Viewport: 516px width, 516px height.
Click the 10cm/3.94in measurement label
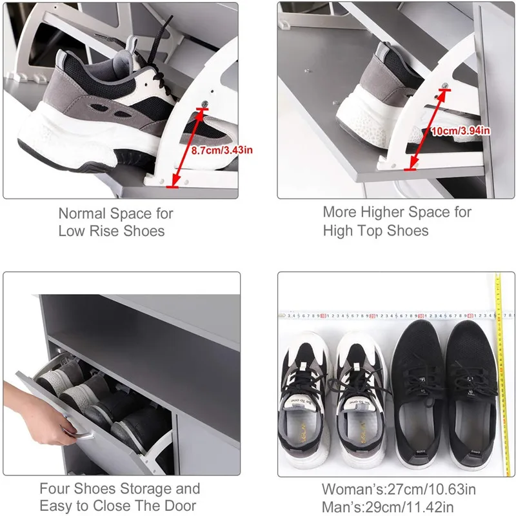coord(461,131)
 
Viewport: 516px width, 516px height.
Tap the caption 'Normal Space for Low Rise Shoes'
coord(116,222)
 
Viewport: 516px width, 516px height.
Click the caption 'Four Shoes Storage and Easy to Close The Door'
coord(120,497)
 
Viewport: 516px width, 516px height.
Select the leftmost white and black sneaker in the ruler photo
coord(304,400)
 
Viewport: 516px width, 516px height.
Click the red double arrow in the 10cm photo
coord(426,133)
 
